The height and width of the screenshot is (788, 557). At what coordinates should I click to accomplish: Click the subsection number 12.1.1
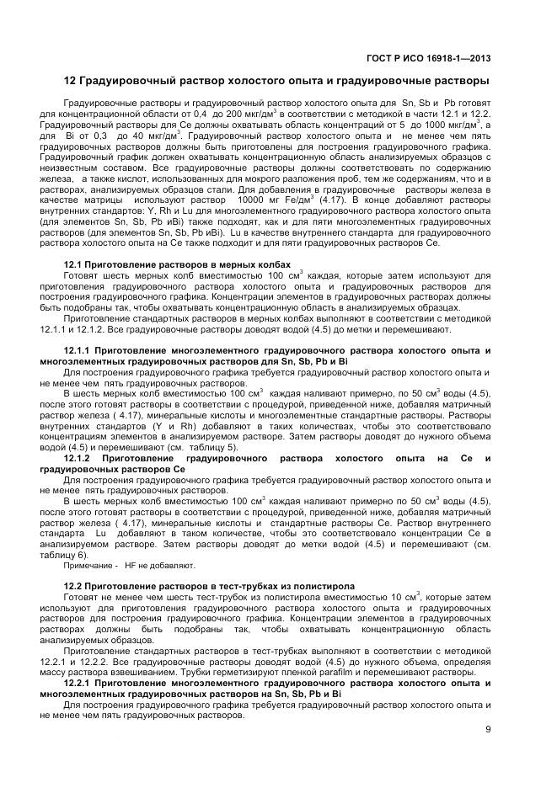83,349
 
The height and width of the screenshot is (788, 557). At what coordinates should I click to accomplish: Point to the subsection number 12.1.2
83,457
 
